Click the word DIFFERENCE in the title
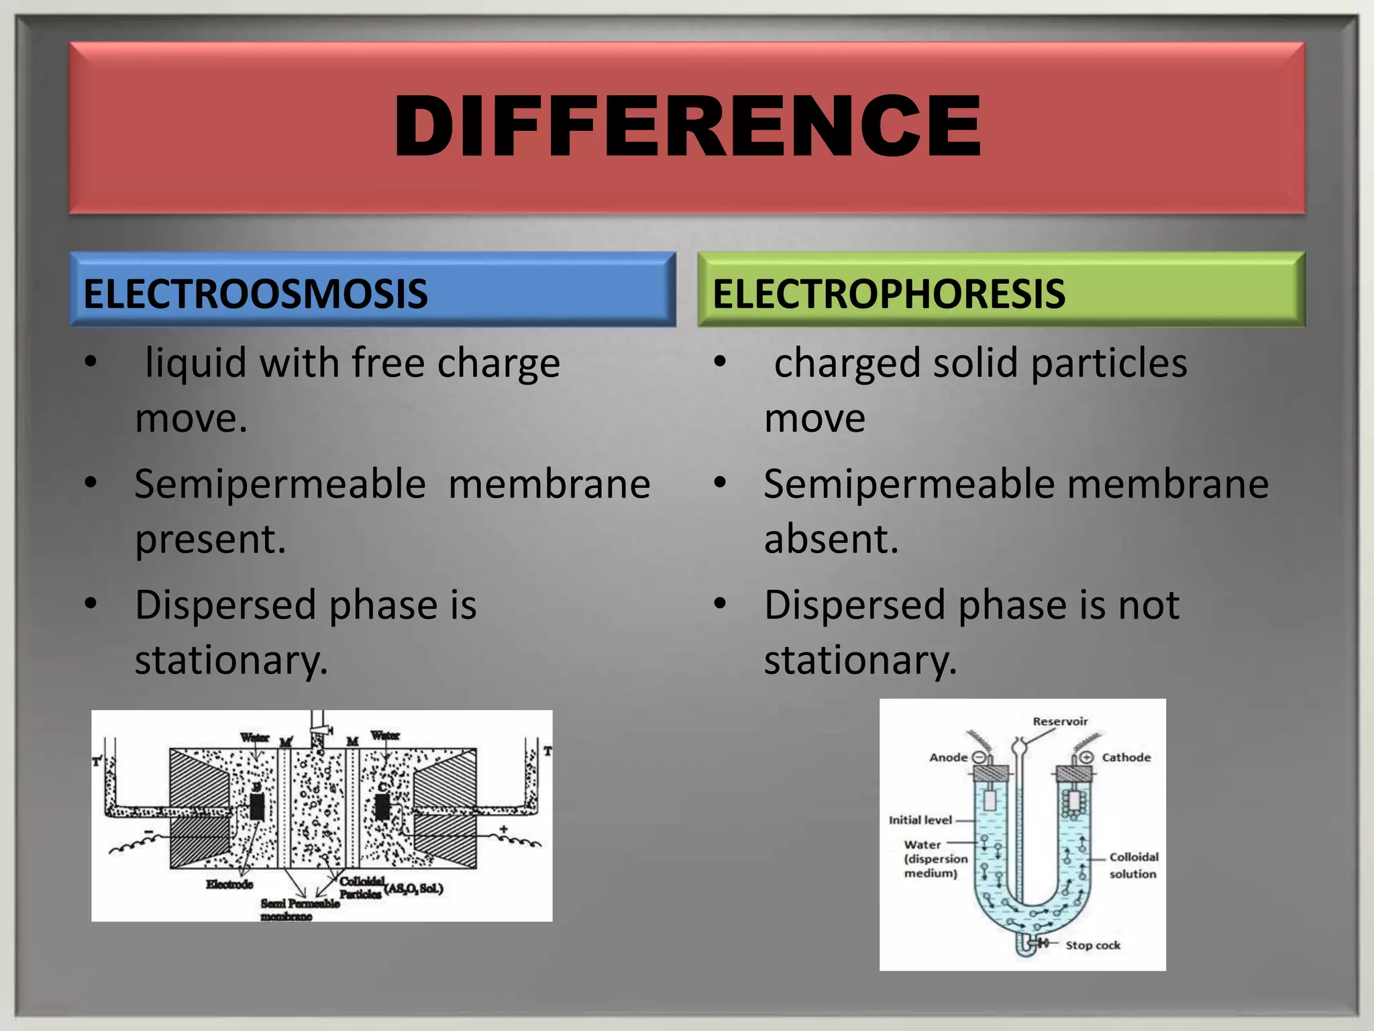coord(688,126)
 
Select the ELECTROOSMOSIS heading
coord(255,294)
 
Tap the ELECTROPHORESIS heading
coord(888,294)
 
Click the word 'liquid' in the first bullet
coord(196,364)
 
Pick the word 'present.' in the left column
coord(211,539)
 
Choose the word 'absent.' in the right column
coord(831,539)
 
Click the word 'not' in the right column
coord(1149,605)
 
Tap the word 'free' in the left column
coord(388,363)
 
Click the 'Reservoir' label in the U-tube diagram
coord(1060,722)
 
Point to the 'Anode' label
coord(948,758)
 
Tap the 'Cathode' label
coord(1126,758)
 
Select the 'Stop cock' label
coord(1093,945)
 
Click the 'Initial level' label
coord(920,820)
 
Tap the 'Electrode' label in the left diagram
coord(229,885)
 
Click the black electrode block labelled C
coord(382,807)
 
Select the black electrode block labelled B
coord(257,807)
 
